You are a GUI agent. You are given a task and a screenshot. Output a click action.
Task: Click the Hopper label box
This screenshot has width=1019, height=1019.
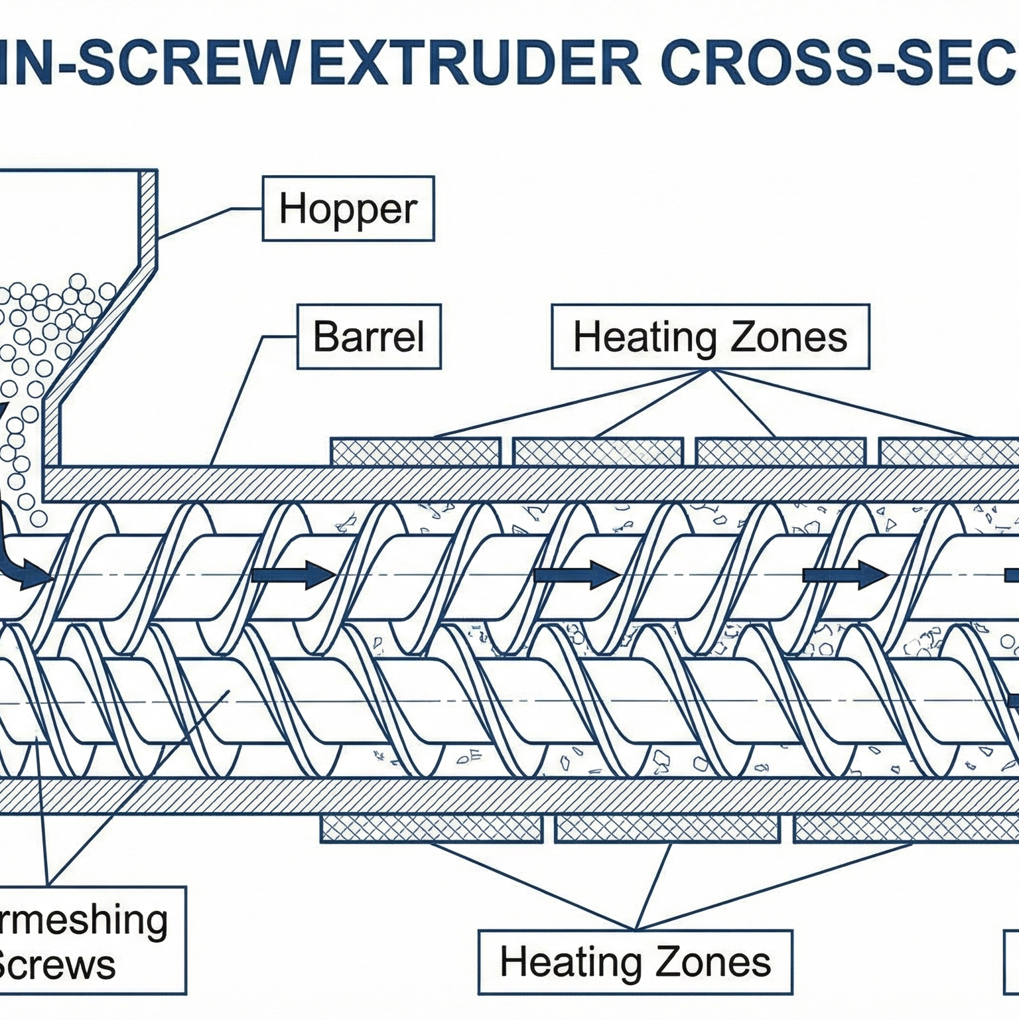(348, 208)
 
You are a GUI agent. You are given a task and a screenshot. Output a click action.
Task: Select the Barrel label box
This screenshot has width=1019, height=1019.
(369, 336)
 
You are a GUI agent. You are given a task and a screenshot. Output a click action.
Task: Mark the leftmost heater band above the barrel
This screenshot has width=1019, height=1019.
(415, 452)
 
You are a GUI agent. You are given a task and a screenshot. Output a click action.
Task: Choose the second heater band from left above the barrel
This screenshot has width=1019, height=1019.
(598, 452)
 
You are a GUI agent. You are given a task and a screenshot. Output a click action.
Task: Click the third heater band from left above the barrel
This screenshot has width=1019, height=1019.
(781, 452)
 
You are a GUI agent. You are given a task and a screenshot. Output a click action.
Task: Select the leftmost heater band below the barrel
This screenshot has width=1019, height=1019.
(431, 829)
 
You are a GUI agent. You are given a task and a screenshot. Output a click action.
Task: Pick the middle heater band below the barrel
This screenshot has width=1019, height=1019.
(667, 829)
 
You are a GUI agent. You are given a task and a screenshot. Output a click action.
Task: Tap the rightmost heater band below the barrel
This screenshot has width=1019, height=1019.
(906, 829)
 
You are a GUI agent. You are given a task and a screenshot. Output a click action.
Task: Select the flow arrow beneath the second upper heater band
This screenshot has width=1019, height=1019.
(576, 575)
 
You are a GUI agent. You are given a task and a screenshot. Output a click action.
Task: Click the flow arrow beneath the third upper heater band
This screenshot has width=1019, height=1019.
(845, 575)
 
